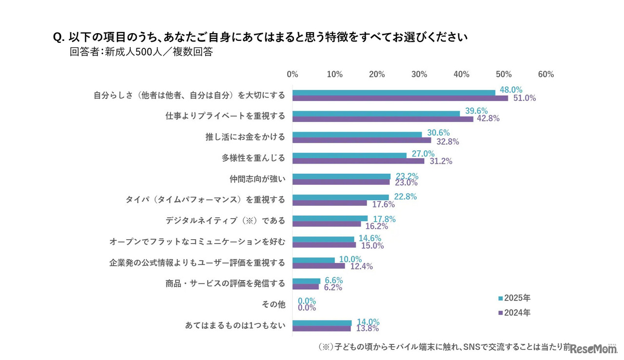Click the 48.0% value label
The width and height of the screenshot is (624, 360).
pos(509,90)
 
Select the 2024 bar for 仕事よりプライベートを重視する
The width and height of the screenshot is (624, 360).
pos(383,119)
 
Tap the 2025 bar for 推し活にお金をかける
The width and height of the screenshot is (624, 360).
pos(357,134)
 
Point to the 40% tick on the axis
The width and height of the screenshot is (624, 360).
pos(461,75)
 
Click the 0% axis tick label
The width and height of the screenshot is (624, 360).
pos(292,75)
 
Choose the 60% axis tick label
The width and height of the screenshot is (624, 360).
pos(546,75)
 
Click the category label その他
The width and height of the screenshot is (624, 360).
pos(273,304)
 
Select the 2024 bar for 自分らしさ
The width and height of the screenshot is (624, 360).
pos(400,98)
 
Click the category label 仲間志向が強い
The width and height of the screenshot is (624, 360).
pos(257,179)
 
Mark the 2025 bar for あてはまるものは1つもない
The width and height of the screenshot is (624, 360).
pos(322,322)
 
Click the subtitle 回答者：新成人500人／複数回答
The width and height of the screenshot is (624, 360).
pos(141,52)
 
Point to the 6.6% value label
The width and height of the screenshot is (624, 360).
pos(333,280)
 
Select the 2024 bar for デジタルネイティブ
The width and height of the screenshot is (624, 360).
pos(327,224)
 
